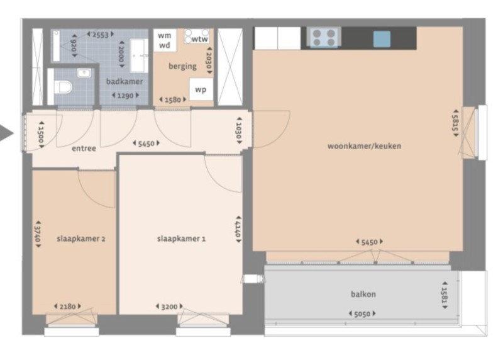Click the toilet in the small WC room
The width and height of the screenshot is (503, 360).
pyautogui.click(x=64, y=87)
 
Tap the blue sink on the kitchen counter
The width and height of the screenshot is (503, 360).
pyautogui.click(x=382, y=39)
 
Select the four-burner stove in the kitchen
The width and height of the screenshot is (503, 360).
pyautogui.click(x=324, y=37)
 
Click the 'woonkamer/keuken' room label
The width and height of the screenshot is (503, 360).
pyautogui.click(x=364, y=146)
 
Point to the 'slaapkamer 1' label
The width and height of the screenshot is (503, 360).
pyautogui.click(x=181, y=239)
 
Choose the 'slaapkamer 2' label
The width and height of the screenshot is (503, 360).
pyautogui.click(x=81, y=239)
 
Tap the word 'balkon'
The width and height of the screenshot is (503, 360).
pyautogui.click(x=363, y=294)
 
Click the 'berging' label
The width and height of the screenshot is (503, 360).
pyautogui.click(x=182, y=66)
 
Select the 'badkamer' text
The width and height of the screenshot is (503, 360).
pyautogui.click(x=124, y=81)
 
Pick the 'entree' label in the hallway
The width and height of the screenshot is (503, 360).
pyautogui.click(x=84, y=149)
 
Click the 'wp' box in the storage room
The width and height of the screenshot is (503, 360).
pyautogui.click(x=201, y=89)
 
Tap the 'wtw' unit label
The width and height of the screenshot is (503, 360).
pyautogui.click(x=199, y=39)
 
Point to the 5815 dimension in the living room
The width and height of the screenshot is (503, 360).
pyautogui.click(x=455, y=123)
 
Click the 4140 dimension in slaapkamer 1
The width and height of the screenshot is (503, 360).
pyautogui.click(x=238, y=229)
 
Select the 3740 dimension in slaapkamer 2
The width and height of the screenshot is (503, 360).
pyautogui.click(x=38, y=234)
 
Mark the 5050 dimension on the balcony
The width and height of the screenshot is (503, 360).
pyautogui.click(x=362, y=314)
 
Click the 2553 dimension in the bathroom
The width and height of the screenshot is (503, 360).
pyautogui.click(x=101, y=35)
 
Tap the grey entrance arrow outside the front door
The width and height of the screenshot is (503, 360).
pyautogui.click(x=6, y=133)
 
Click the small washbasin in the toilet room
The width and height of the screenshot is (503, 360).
pyautogui.click(x=84, y=73)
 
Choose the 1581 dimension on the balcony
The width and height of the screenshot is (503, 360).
pyautogui.click(x=445, y=295)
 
